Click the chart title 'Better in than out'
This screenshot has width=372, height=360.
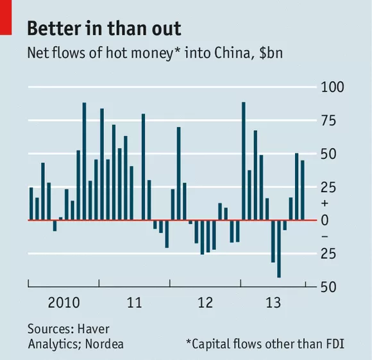(104, 28)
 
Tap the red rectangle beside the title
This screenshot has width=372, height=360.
(6, 17)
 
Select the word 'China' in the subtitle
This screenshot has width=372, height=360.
(232, 53)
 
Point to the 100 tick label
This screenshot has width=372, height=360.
(332, 87)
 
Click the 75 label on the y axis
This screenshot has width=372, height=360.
(328, 120)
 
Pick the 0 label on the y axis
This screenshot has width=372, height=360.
(325, 220)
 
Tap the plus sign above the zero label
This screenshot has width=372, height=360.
(325, 203)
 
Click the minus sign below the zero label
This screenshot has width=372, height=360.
(325, 236)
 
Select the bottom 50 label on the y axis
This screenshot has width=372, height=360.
(328, 287)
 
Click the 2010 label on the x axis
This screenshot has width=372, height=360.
(64, 302)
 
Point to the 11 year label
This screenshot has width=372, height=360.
(135, 302)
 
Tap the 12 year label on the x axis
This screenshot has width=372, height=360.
(205, 302)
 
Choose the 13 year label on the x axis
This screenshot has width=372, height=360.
(273, 302)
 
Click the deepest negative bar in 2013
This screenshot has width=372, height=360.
(279, 249)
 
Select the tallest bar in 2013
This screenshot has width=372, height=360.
(244, 161)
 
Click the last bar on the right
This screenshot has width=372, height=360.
(303, 190)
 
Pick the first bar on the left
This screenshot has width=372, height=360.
(31, 204)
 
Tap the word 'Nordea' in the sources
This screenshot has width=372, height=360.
(105, 344)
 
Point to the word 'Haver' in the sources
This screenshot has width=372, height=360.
(94, 329)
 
